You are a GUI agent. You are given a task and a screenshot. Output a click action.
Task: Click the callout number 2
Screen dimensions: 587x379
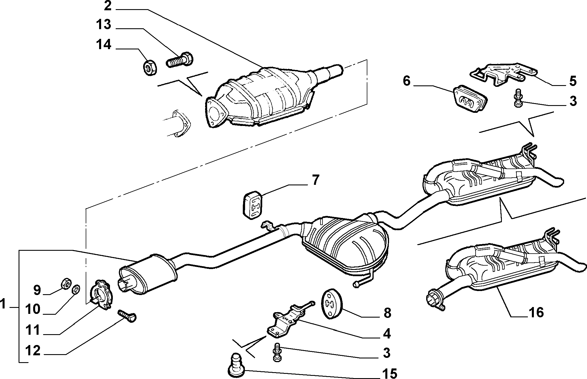click(x=107, y=5)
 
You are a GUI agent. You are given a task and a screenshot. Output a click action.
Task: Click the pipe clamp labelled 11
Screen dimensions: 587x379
click(x=101, y=294)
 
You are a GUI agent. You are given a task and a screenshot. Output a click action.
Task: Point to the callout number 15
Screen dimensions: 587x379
click(x=389, y=373)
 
